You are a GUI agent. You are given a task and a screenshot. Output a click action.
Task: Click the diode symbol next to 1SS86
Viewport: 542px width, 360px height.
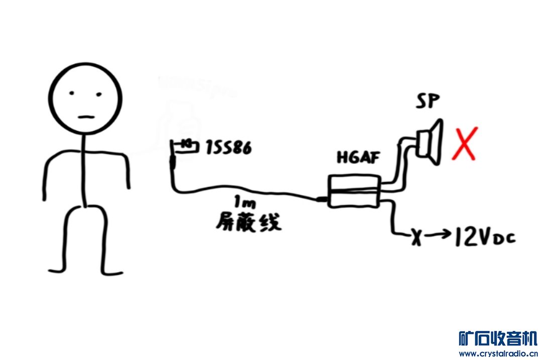tap(187, 145)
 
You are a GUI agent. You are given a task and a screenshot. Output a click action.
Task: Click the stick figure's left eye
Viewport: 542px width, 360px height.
tap(73, 94)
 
